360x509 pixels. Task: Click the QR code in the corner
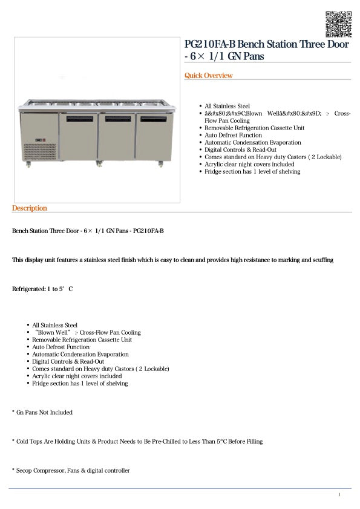pyautogui.click(x=338, y=24)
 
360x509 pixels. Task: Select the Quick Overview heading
pyautogui.click(x=209, y=76)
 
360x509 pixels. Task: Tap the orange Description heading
pyautogui.click(x=29, y=208)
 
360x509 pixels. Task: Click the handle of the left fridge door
pyautogui.click(x=79, y=117)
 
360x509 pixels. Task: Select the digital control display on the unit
pyautogui.click(x=38, y=142)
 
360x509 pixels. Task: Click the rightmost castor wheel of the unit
pyautogui.click(x=161, y=164)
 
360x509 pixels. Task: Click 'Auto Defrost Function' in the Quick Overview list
pyautogui.click(x=233, y=135)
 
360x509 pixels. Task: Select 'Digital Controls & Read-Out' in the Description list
pyautogui.click(x=68, y=361)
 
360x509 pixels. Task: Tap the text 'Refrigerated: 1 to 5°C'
pyautogui.click(x=42, y=289)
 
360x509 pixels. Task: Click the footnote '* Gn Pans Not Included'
pyautogui.click(x=42, y=412)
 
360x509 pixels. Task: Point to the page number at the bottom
pyautogui.click(x=339, y=495)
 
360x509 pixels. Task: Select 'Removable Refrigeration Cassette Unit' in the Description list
pyautogui.click(x=82, y=340)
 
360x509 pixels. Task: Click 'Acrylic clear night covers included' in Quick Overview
pyautogui.click(x=249, y=164)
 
